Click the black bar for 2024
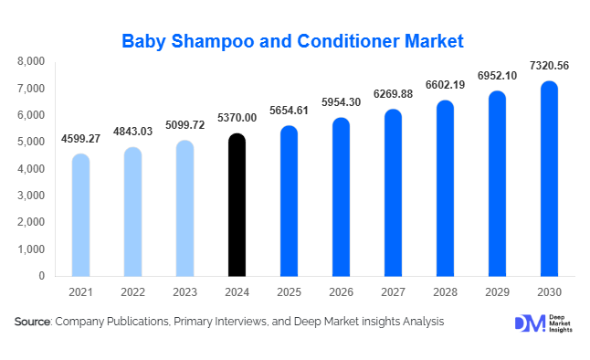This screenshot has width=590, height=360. click(x=237, y=205)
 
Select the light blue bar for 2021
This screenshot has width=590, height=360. click(x=81, y=215)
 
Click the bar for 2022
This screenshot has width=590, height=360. click(x=133, y=211)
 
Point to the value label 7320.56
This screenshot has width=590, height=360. click(x=548, y=66)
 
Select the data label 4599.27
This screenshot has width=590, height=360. click(x=81, y=139)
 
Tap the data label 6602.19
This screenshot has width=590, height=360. click(x=496, y=86)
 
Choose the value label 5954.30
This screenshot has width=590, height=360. click(x=341, y=102)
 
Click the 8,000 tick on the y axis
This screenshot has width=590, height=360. click(x=32, y=61)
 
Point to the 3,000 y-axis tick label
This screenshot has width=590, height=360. click(x=32, y=196)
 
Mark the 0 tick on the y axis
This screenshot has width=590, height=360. click(x=41, y=276)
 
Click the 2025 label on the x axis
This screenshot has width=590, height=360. click(x=289, y=291)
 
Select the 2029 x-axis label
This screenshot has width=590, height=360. click(x=496, y=291)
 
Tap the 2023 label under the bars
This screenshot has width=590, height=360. click(x=184, y=291)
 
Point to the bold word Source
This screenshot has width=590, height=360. click(x=32, y=322)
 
